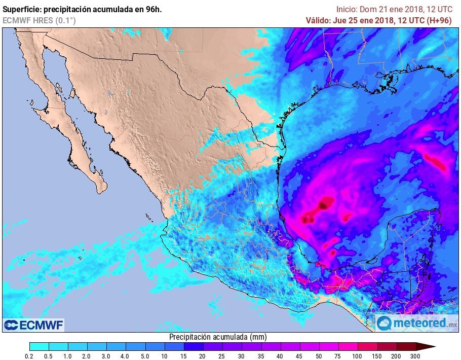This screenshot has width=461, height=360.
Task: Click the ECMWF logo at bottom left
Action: [34, 325]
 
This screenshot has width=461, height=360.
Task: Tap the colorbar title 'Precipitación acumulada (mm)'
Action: [218, 337]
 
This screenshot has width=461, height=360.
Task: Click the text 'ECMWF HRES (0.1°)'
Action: [40, 21]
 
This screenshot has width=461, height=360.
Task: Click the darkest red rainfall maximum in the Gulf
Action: [323, 205]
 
